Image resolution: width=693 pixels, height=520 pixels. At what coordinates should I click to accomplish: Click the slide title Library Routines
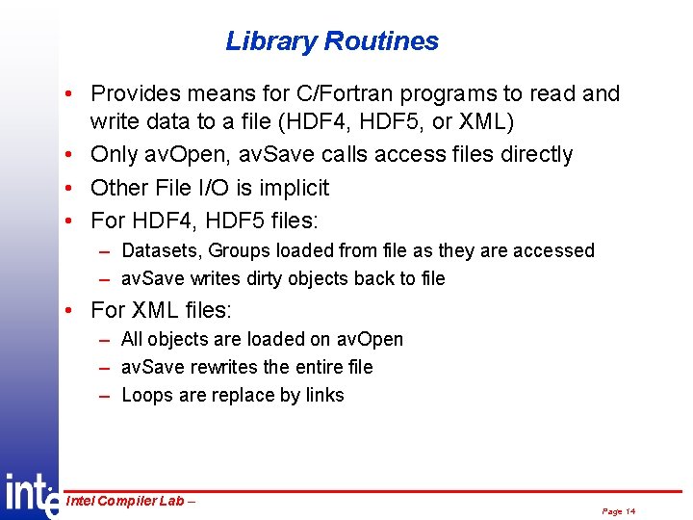[332, 41]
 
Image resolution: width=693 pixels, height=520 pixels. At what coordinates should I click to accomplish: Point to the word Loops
[146, 396]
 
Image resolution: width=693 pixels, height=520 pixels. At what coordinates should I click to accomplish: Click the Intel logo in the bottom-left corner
[29, 494]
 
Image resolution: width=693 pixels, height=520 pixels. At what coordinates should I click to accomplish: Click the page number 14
[629, 511]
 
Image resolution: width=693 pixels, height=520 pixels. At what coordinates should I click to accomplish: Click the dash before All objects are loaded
[103, 340]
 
